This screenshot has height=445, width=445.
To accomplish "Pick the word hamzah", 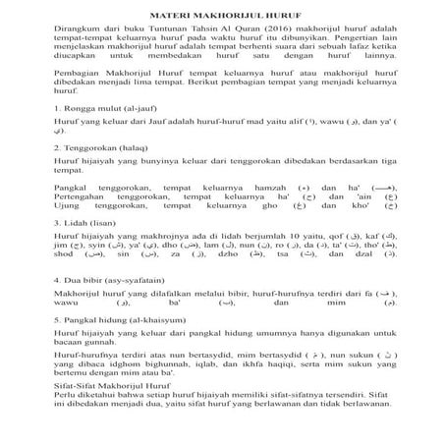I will [274, 213].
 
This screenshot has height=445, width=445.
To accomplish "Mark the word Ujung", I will [70, 237].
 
